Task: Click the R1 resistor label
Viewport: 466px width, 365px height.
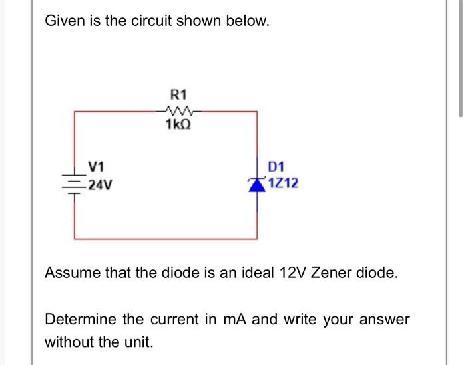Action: [178, 94]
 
